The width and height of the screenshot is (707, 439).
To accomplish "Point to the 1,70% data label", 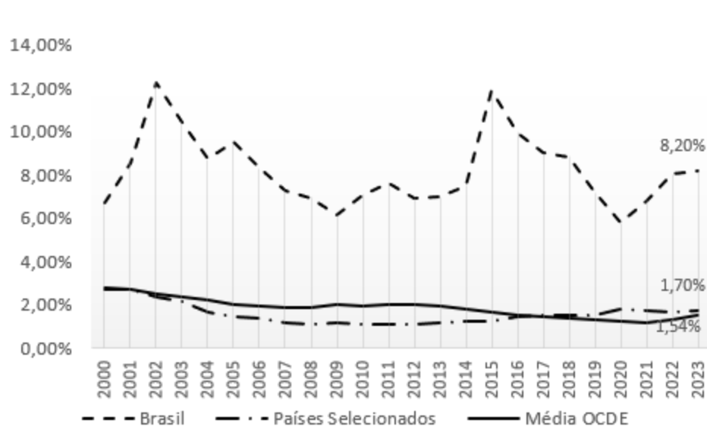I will (x=681, y=286).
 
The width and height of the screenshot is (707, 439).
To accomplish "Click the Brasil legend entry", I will (x=162, y=418).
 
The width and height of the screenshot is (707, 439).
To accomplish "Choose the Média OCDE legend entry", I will (x=577, y=418).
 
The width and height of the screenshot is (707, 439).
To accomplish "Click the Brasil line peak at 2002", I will (x=156, y=82).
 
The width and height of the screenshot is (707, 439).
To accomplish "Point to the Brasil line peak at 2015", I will (x=492, y=91).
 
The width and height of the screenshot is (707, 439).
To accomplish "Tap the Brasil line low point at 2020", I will (x=621, y=222).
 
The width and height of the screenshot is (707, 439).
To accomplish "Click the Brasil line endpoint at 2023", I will (x=699, y=171).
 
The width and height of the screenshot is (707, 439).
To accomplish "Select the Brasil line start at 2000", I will (x=104, y=203).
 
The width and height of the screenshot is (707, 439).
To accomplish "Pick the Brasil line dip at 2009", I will (x=337, y=215).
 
